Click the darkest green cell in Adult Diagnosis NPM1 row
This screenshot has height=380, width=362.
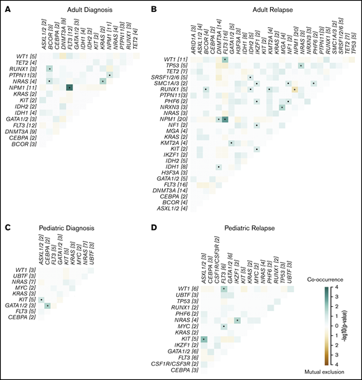pos(70,87)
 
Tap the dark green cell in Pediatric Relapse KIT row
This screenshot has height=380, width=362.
pos(205,339)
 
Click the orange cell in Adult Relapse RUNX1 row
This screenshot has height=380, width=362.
pos(294,90)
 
